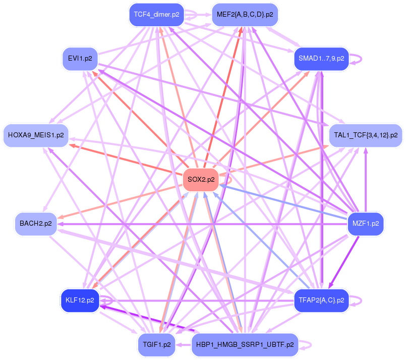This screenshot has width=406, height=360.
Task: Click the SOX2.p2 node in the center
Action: coord(201,179)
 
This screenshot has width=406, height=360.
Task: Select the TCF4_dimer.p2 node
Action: coord(157,15)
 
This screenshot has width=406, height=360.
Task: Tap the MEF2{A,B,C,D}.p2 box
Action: coord(245,15)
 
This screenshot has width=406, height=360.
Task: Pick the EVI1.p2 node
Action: coord(80,59)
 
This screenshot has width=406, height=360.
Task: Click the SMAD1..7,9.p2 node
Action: coord(321,59)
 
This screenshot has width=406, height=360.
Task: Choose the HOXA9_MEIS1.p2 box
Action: coord(36,135)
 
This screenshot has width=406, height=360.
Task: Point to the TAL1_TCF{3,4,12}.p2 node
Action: coord(366,135)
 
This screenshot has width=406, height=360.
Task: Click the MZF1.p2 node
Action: coord(366,223)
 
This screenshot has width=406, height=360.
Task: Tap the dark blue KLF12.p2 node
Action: coord(80,300)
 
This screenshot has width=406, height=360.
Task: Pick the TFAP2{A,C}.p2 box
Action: coord(321,300)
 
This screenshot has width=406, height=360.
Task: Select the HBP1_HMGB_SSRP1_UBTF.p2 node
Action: coord(245,345)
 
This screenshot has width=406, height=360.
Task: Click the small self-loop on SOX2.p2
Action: coord(230,179)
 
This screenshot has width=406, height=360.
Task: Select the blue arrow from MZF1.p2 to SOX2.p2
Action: coord(282,201)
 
